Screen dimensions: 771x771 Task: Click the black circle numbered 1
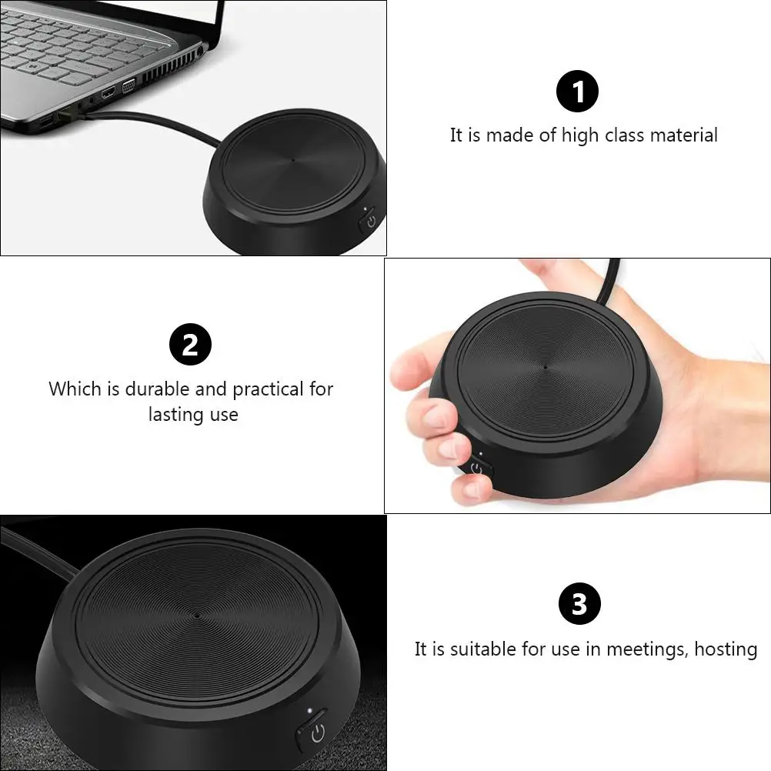tap(577, 91)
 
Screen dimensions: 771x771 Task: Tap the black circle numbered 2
tap(190, 344)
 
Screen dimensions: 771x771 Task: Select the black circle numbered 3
tap(579, 603)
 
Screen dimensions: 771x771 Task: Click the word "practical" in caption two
tap(268, 390)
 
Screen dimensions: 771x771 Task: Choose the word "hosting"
tap(726, 649)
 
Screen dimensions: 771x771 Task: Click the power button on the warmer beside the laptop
tap(370, 221)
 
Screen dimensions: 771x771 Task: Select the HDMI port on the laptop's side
tap(108, 92)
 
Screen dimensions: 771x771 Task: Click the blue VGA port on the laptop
tap(128, 85)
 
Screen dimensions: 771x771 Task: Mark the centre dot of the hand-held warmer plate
tap(545, 366)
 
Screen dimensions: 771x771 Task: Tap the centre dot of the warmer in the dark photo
tap(197, 615)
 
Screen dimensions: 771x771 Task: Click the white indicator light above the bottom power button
tap(310, 710)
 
